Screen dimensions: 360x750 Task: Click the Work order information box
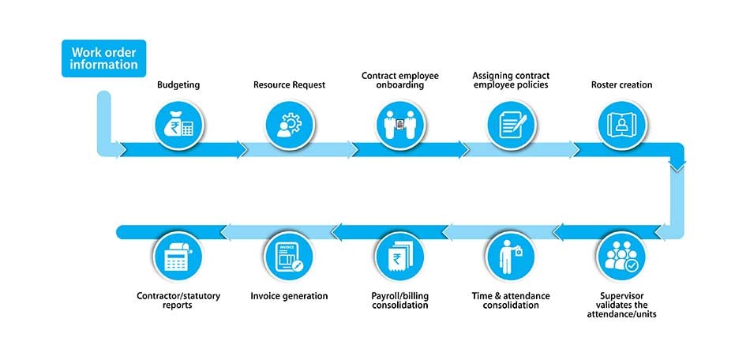(104, 58)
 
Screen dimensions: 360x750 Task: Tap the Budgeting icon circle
(178, 125)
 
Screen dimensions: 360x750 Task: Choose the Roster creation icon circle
(621, 125)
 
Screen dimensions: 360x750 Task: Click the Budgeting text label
(178, 84)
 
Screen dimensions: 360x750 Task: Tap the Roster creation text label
(621, 84)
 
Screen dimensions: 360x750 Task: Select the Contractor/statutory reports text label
(178, 301)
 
